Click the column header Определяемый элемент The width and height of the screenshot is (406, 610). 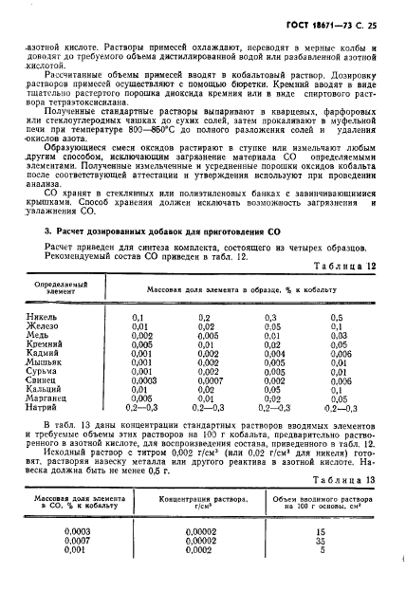(64, 287)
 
